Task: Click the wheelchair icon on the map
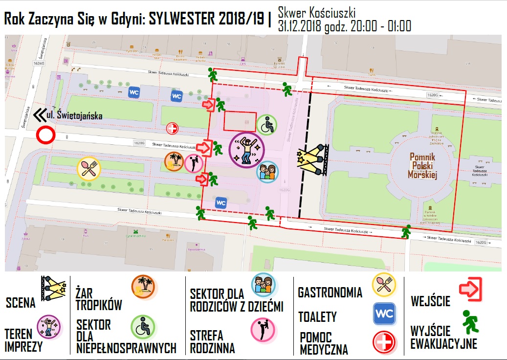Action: pyautogui.click(x=266, y=125)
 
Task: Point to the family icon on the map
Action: pyautogui.click(x=266, y=171)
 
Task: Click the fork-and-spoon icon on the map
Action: pyautogui.click(x=88, y=169)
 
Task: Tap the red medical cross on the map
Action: pyautogui.click(x=172, y=129)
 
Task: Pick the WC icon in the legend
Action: pyautogui.click(x=384, y=314)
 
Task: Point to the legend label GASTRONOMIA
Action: pyautogui.click(x=330, y=293)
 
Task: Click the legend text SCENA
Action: pyautogui.click(x=21, y=303)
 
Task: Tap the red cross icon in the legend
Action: pyautogui.click(x=384, y=342)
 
